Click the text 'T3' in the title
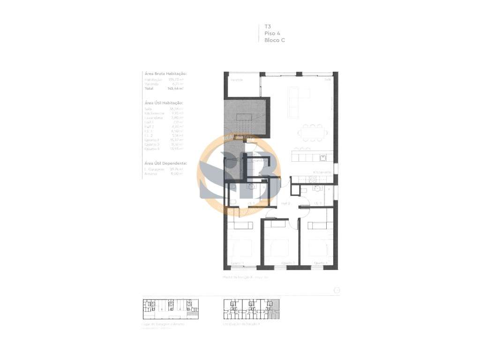[x=268, y=27]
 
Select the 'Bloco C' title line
[x=275, y=40]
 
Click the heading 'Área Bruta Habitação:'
[x=165, y=74]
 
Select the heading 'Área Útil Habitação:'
[x=163, y=103]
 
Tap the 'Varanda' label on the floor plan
[x=236, y=80]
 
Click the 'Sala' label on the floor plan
[x=327, y=80]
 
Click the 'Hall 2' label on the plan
[x=286, y=203]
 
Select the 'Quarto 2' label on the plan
[x=288, y=263]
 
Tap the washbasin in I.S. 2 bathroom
[x=318, y=189]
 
